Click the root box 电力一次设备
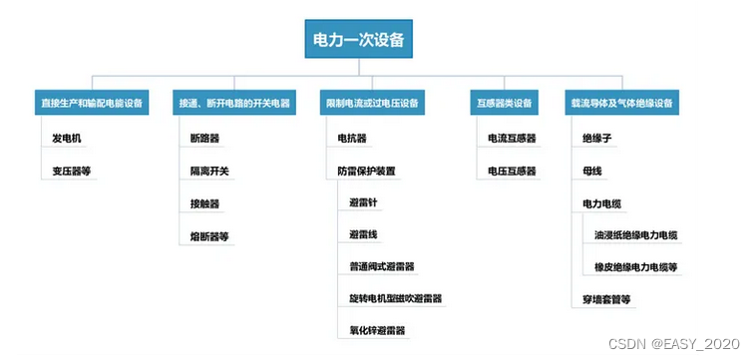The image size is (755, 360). tap(358, 41)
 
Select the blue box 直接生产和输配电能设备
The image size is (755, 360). tap(91, 103)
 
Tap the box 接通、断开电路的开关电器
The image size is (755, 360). tap(233, 103)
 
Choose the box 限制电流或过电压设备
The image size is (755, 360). tap(372, 103)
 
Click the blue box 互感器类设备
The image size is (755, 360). tap(505, 103)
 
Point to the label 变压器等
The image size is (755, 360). tap(72, 171)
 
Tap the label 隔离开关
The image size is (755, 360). tap(209, 171)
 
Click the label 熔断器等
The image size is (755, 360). tap(209, 236)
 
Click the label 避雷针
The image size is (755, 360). tap(363, 202)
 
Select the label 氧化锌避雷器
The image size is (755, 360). tap(377, 330)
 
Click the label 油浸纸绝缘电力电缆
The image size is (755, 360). tap(636, 235)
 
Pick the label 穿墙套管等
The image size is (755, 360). tap(606, 298)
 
